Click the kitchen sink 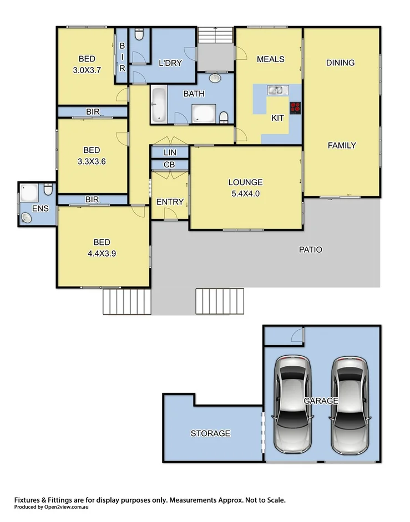tap(276, 89)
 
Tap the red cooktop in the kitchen tap(295, 106)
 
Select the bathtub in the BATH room tap(158, 104)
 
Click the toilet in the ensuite tap(48, 191)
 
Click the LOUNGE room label tap(245, 182)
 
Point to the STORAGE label tap(210, 433)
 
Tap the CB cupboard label tap(169, 165)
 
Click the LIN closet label tap(169, 152)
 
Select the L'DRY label tap(170, 63)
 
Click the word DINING tap(340, 63)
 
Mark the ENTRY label tap(169, 202)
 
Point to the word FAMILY tap(341, 146)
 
